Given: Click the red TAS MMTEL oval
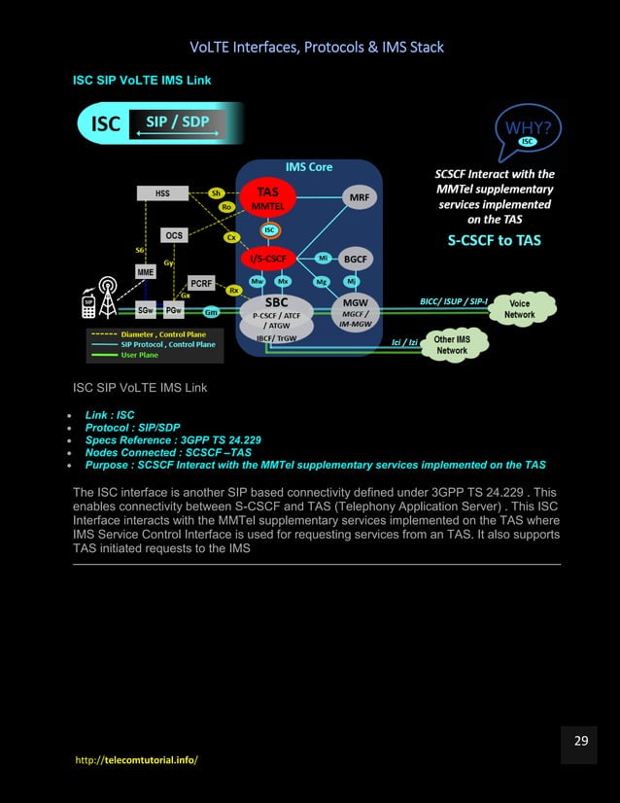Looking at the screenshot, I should [266, 198].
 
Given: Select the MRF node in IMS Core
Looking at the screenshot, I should [359, 197].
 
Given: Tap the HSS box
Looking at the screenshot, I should [162, 193].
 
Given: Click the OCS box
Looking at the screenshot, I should [174, 235].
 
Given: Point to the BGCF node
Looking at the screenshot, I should [356, 259].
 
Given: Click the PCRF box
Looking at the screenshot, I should [201, 283].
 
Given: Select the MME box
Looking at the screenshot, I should [144, 273].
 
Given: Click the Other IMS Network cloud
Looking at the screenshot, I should [452, 344].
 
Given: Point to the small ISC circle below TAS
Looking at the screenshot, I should [271, 230].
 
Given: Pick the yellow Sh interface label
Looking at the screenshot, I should [218, 192].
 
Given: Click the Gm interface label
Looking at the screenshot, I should [211, 312].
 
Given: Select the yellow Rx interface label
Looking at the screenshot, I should [234, 290].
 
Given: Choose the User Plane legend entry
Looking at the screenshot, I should [142, 355].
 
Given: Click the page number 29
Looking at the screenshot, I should [580, 742].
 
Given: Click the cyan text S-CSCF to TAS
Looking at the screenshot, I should [494, 240].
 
